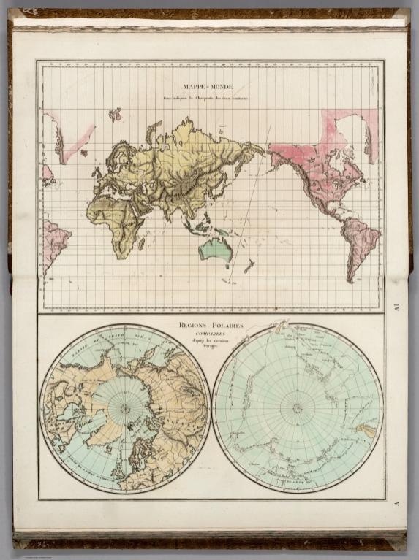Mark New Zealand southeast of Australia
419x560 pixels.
point(248,266)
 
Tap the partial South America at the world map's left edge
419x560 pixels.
point(53,245)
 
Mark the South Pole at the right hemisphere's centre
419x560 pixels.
point(297,408)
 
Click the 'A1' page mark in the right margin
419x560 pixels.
point(396,307)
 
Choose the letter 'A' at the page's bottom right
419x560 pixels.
point(396,504)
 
